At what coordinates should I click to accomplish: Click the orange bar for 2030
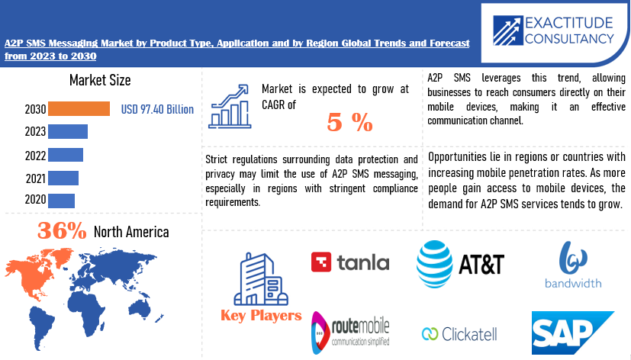coord(79,109)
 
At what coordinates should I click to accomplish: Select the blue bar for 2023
coord(68,131)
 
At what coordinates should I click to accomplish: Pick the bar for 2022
coord(66,155)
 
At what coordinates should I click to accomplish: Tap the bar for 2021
coord(63,178)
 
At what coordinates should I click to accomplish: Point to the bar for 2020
coord(61,200)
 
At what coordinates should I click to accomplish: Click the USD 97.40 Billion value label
coord(157,110)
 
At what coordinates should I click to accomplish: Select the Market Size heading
coord(99,80)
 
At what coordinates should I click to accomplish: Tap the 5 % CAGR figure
coord(349,122)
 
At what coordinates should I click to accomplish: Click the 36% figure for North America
coord(62,231)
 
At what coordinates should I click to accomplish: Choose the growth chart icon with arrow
coord(230,104)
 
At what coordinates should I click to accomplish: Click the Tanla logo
coord(350,263)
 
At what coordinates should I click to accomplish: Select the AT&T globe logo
coord(434,264)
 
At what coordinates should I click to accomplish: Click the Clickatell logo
coord(459,333)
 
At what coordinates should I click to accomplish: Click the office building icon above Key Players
coord(260,279)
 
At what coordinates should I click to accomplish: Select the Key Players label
coord(261,315)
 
